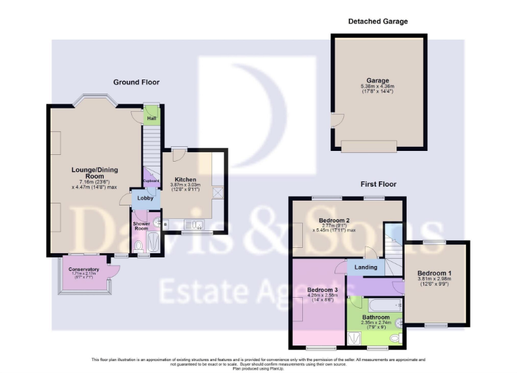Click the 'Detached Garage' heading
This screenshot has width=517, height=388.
click(378, 22)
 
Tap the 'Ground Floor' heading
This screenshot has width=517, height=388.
click(136, 82)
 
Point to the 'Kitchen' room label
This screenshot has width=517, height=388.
click(185, 179)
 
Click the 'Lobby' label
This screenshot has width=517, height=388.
click(145, 198)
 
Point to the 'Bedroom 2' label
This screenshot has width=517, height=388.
click(333, 220)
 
